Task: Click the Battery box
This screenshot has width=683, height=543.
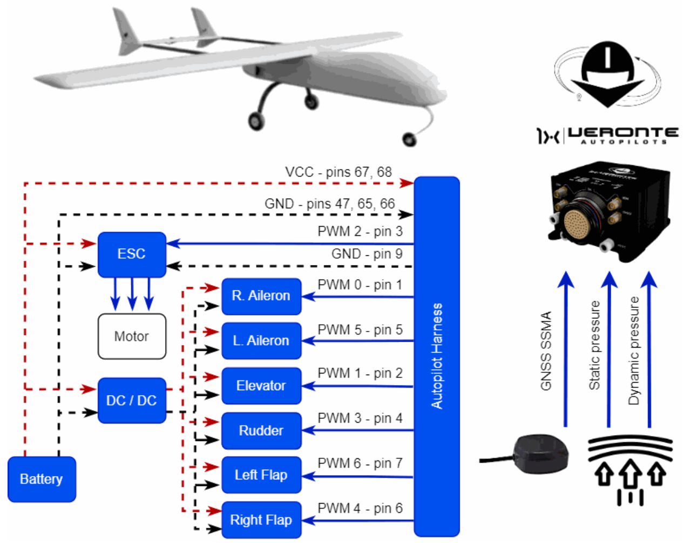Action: point(42,479)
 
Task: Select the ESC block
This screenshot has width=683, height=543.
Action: point(132,254)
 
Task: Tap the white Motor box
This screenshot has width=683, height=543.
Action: point(132,336)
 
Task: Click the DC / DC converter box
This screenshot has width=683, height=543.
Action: point(132,401)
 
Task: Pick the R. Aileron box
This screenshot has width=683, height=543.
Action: point(261,296)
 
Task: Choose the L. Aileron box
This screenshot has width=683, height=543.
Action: point(261,341)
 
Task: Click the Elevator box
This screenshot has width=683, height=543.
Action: point(261,386)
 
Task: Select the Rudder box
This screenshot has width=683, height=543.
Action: point(261,431)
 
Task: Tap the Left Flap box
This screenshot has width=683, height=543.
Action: point(261,475)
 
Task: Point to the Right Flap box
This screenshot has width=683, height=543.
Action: point(261,520)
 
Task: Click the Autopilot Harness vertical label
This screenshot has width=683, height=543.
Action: point(437,356)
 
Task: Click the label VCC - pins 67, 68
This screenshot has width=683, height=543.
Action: point(339,172)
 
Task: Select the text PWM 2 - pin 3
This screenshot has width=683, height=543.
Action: point(360,232)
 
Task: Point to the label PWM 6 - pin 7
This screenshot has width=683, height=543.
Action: point(360,463)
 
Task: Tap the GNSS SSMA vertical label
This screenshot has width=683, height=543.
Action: point(546,351)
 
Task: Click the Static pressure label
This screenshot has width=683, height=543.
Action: point(594,345)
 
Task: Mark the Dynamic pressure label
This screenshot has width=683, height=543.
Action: point(634,351)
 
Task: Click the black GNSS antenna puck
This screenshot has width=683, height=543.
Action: point(540,452)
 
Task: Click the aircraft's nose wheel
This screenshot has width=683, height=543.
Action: point(410,139)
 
